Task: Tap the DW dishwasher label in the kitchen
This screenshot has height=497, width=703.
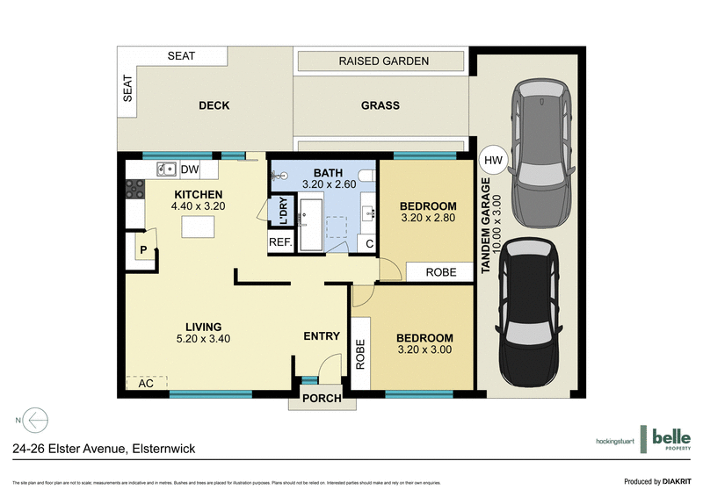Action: coord(190,169)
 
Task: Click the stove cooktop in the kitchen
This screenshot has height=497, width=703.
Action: coord(134,187)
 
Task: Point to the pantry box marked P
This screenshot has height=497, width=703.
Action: coord(141,249)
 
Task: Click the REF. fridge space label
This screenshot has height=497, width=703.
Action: coord(280,242)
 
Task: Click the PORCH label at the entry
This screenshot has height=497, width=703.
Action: coord(322,400)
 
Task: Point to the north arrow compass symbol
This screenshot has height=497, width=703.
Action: coord(35,420)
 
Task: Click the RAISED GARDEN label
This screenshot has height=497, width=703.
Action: coord(383,61)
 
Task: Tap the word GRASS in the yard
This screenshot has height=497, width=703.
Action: coord(380,105)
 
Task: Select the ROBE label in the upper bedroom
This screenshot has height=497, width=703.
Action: coord(441,272)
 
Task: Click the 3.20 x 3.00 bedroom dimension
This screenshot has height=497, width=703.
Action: coord(424,349)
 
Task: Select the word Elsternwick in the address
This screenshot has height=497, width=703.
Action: coord(163,449)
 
